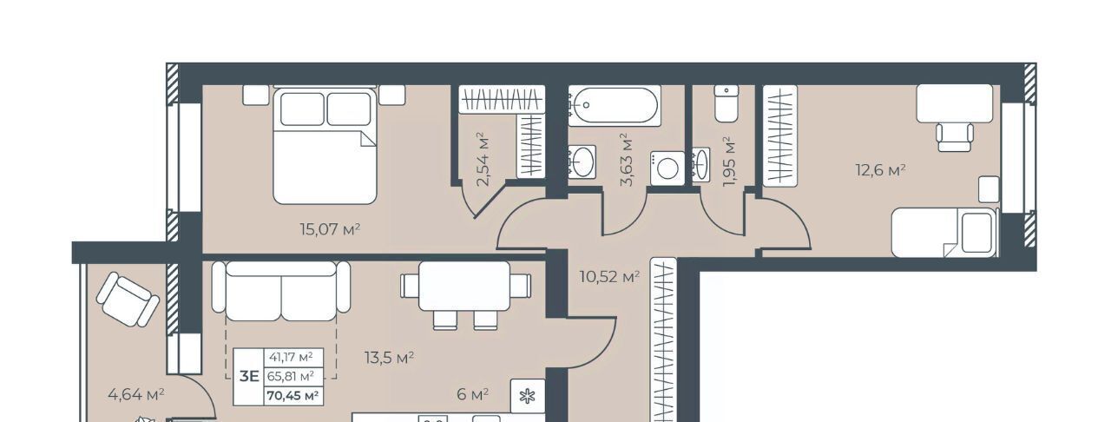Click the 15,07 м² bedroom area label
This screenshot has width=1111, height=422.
pos(330,229)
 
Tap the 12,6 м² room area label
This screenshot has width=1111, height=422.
pos(881,170)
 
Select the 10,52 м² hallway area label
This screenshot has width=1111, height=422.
pos(609,276)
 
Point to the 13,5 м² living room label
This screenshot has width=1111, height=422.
pos(390,358)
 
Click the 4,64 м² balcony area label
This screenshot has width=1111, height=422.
pos(136,395)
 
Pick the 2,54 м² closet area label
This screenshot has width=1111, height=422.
pos(482,159)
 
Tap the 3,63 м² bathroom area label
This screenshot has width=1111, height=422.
pos(627,159)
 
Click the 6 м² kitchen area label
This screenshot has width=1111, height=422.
pos(473,395)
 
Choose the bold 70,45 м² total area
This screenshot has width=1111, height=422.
pos(293,396)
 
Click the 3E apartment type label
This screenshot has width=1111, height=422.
pos(249,376)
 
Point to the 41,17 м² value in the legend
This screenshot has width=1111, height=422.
pos(291,357)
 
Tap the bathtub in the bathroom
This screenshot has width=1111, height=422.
pos(614,105)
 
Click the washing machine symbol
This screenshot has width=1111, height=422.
pos(667,168)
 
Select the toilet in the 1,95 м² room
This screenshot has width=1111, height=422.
pos(726,103)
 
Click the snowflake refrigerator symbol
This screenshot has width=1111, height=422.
pos(528,396)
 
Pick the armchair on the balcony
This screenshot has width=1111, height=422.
pos(128,299)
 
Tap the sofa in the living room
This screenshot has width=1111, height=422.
pos(281,291)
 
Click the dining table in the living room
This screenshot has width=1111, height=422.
pos(464,286)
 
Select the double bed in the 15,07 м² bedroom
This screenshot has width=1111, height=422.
pos(325,146)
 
